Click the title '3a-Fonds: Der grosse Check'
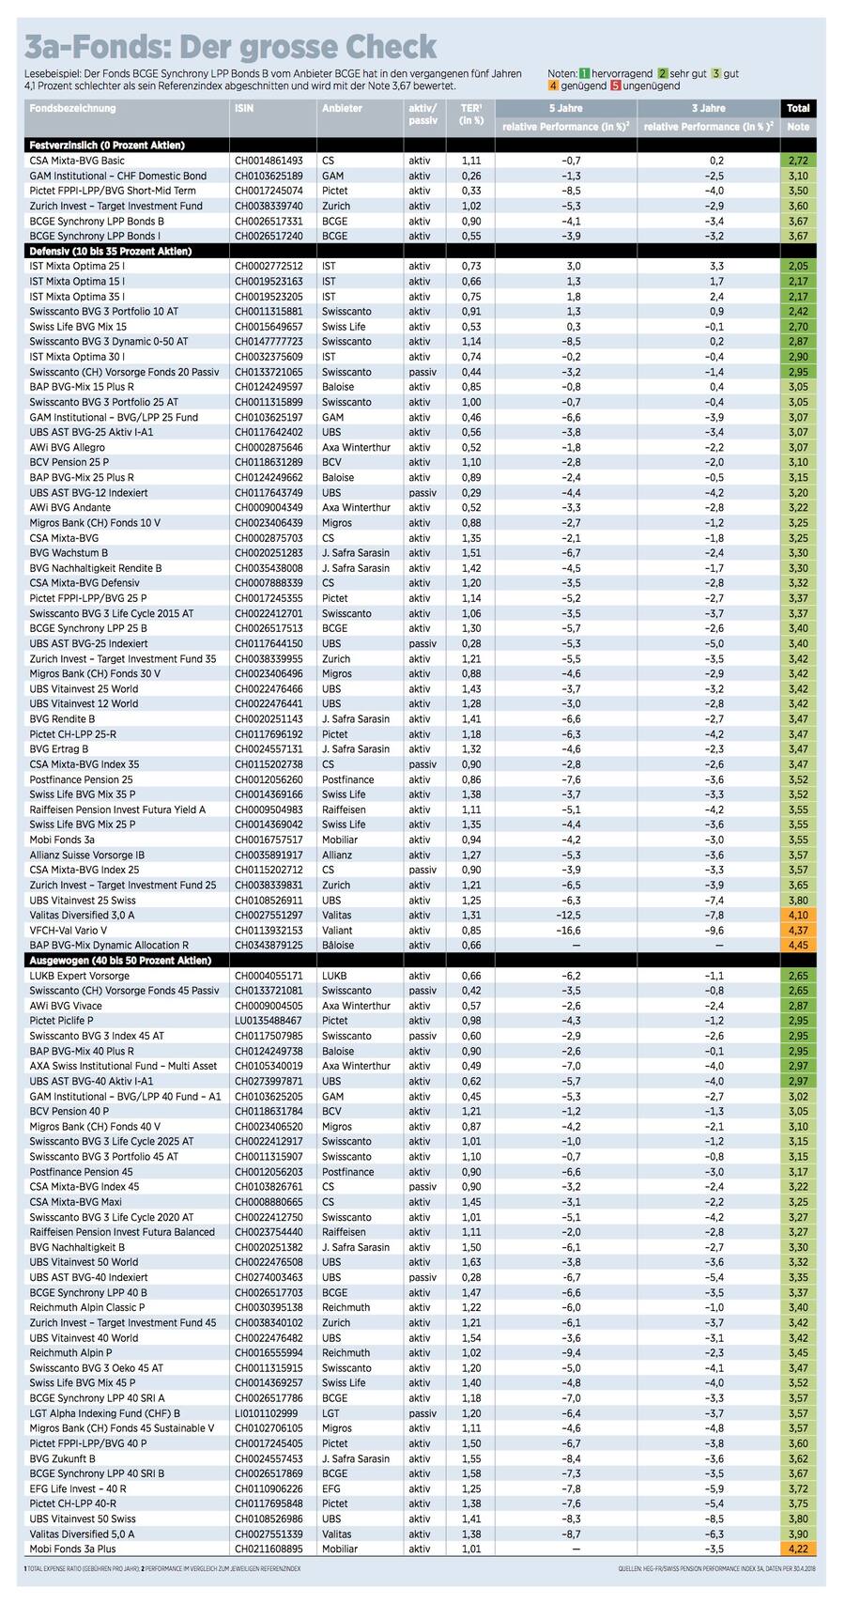(x=231, y=47)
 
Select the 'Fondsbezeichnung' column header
(x=72, y=109)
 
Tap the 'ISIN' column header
(x=243, y=109)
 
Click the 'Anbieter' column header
(x=342, y=109)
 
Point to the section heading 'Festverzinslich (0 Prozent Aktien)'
(x=107, y=146)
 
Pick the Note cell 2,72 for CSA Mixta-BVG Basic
(x=798, y=162)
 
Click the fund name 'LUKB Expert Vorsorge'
(x=80, y=977)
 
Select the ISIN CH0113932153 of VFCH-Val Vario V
(x=269, y=931)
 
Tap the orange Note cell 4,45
(x=798, y=946)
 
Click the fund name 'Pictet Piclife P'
(x=62, y=1022)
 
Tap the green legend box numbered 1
(x=584, y=72)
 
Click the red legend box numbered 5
(x=615, y=86)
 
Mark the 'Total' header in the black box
(x=798, y=108)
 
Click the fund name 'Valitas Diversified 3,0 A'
(x=83, y=916)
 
